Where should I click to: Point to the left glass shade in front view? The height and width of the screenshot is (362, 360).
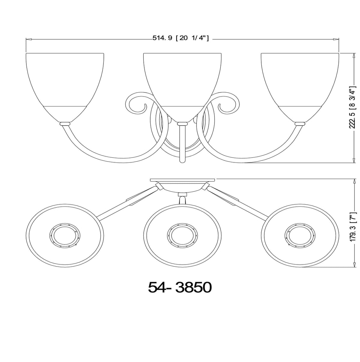[x=65, y=84]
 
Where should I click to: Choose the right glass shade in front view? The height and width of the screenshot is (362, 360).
[x=300, y=84]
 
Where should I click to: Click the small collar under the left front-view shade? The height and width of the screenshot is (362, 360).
[x=65, y=123]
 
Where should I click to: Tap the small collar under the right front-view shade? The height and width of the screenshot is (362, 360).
[x=299, y=123]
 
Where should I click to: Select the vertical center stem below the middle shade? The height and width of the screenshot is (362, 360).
[x=181, y=144]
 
